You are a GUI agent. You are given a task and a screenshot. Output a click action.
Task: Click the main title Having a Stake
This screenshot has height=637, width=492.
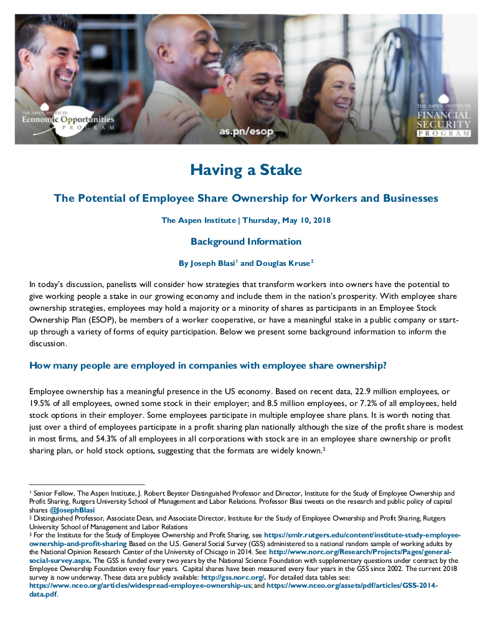pos(246,169)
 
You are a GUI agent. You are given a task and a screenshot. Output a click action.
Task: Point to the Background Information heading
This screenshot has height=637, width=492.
pos(246,242)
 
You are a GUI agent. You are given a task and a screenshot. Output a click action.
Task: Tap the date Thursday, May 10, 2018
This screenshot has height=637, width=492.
pos(286,220)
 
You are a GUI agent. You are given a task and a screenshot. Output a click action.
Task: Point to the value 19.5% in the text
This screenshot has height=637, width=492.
pos(41,403)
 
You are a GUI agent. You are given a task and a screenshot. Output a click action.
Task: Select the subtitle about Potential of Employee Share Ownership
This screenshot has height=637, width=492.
pos(246,198)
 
